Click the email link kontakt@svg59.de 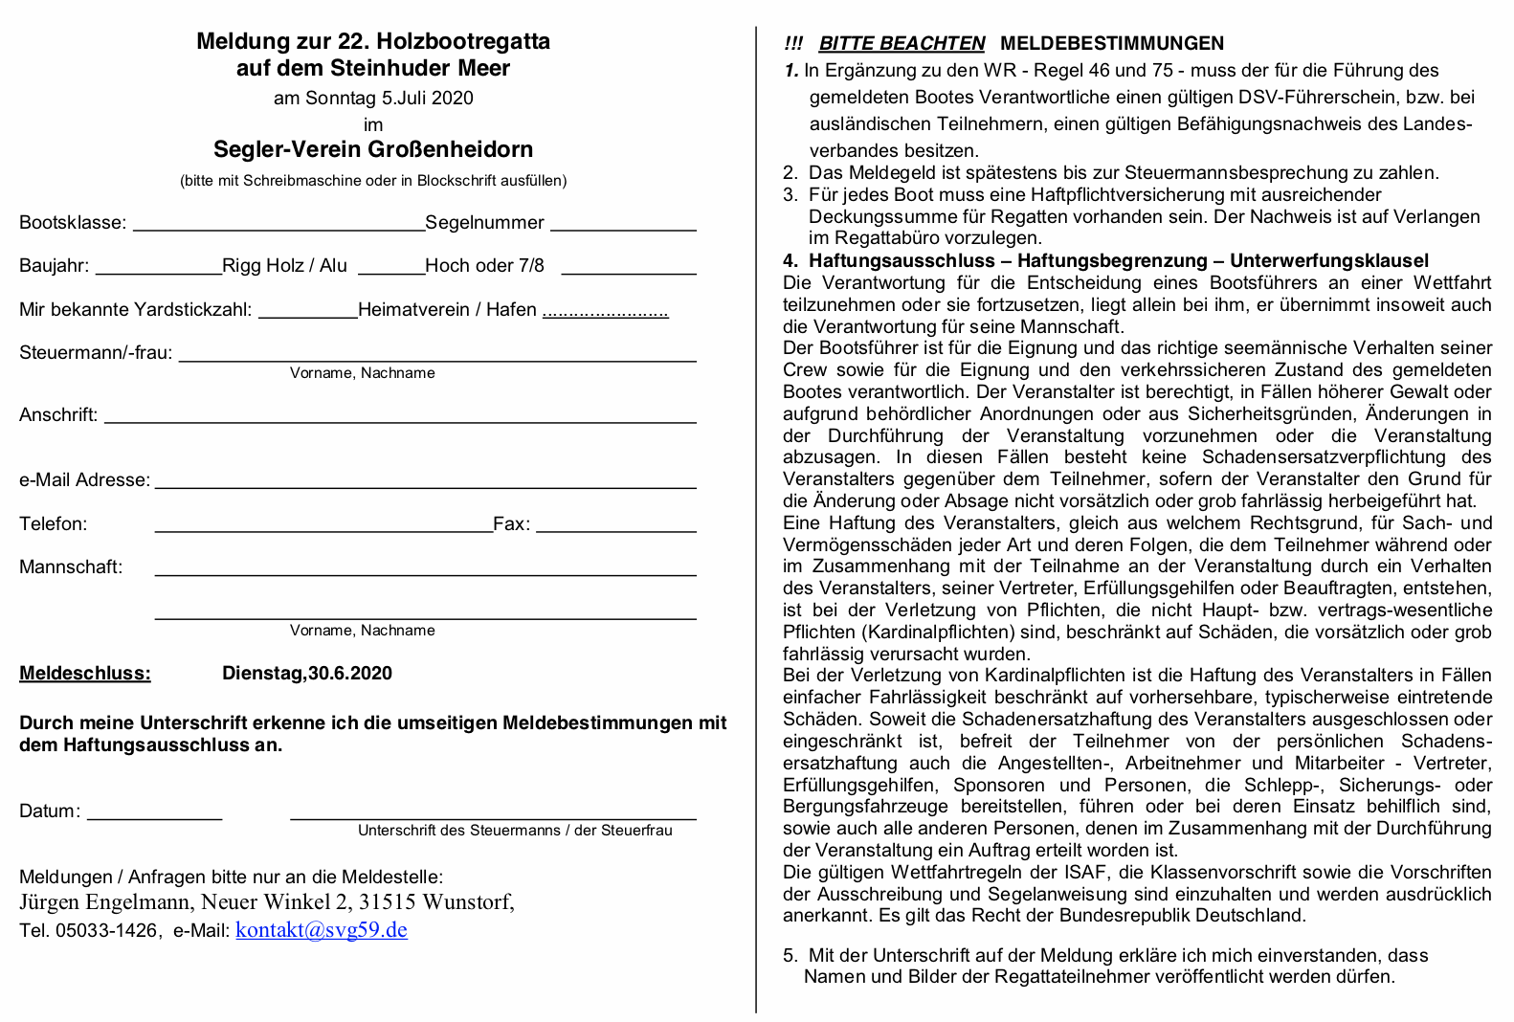coord(322,930)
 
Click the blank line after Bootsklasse coord(278,230)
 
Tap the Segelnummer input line coord(623,230)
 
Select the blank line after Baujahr coord(159,273)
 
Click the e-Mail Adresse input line coord(425,486)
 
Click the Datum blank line coord(154,818)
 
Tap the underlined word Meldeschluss coord(85,674)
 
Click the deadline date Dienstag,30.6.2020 coord(307,674)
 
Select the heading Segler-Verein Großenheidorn coord(373,149)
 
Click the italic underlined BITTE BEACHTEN coord(902,44)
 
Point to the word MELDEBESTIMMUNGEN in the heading coord(1112,44)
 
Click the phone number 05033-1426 coord(105,931)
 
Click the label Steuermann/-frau coord(96,353)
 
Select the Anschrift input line coord(400,421)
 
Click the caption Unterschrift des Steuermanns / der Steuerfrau coord(515,831)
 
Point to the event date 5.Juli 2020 coord(427,99)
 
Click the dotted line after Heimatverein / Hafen coord(605,315)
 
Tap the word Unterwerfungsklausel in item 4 coord(1329,261)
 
